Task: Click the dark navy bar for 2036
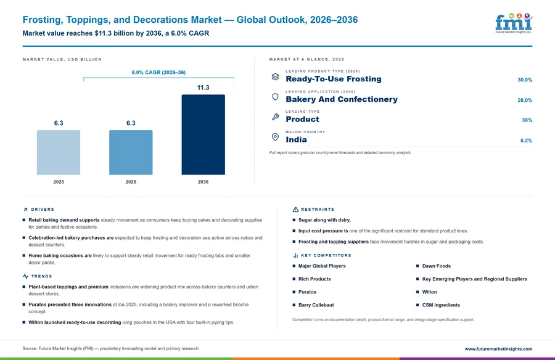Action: (x=203, y=134)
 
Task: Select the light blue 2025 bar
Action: (x=59, y=152)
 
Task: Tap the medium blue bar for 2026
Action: (x=131, y=152)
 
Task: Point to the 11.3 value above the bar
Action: (x=203, y=88)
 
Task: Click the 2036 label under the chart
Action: (x=203, y=182)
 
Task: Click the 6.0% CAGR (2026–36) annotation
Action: (x=158, y=72)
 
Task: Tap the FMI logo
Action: (x=514, y=23)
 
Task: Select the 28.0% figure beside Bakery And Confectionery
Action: (x=525, y=100)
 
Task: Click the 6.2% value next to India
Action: (x=526, y=141)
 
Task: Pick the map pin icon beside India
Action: (x=275, y=137)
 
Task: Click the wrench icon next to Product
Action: (x=275, y=117)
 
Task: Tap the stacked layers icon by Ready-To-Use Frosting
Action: (x=275, y=76)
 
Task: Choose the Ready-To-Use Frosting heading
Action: (x=334, y=79)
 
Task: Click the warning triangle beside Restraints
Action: (x=295, y=210)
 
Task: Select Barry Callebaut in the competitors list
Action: (x=316, y=305)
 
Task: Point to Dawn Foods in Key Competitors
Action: (x=437, y=266)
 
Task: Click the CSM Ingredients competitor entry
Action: (x=441, y=305)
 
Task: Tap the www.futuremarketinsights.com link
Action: (x=498, y=349)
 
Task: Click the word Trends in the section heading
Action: (x=41, y=276)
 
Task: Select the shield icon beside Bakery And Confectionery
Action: (x=275, y=97)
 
